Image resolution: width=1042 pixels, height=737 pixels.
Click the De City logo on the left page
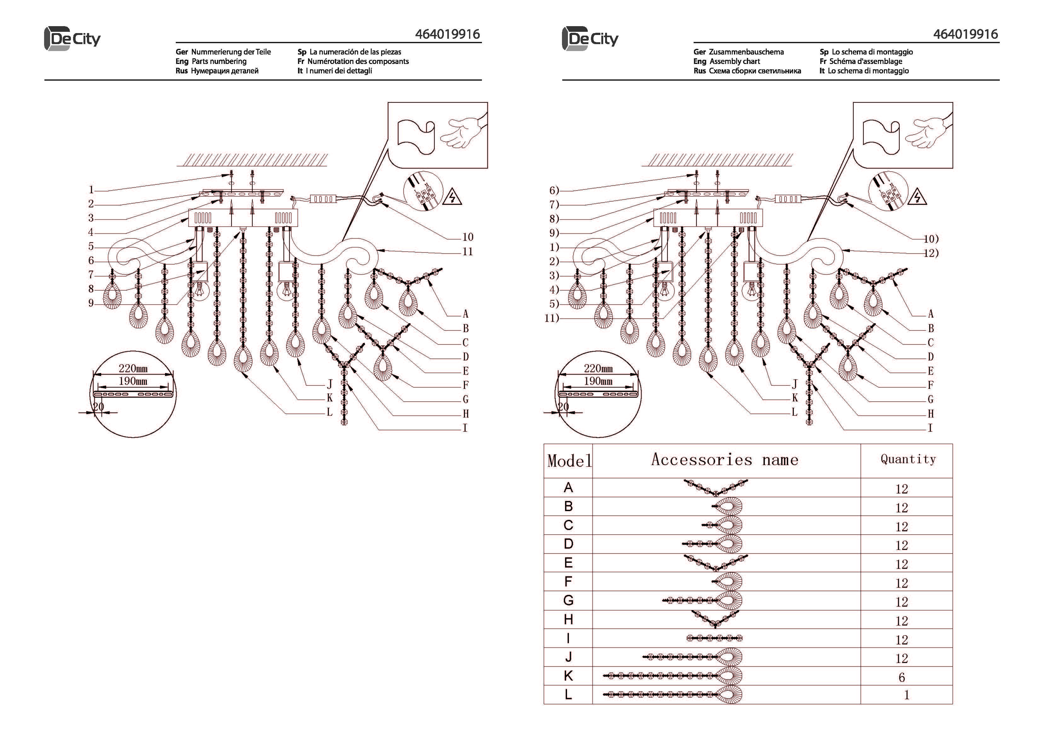point(72,38)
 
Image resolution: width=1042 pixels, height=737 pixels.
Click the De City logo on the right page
point(590,38)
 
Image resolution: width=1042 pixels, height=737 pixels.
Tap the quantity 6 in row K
point(901,677)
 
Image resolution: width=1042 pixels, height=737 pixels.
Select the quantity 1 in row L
point(906,695)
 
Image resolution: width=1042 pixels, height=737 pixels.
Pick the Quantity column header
point(908,459)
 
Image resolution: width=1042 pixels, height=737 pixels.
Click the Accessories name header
point(725,459)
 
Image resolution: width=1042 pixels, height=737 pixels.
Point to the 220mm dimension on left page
point(133,368)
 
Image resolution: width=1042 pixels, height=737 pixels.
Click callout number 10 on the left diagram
point(467,237)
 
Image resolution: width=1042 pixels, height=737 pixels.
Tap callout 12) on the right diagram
point(931,253)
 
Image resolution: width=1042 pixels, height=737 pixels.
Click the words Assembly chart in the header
point(735,61)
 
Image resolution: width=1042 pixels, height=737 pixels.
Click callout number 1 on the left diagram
point(91,190)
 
